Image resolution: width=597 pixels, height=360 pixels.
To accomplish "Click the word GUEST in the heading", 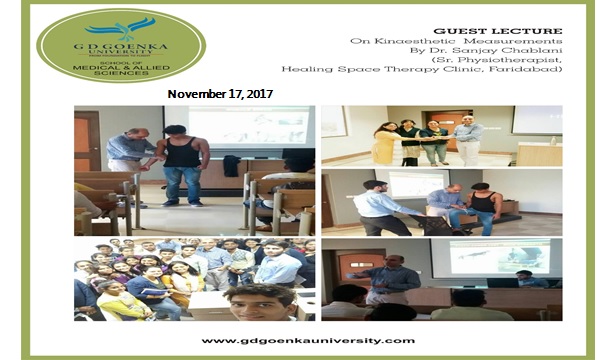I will [x=453, y=31].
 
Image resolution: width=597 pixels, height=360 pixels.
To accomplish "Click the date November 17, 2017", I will [x=221, y=93].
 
